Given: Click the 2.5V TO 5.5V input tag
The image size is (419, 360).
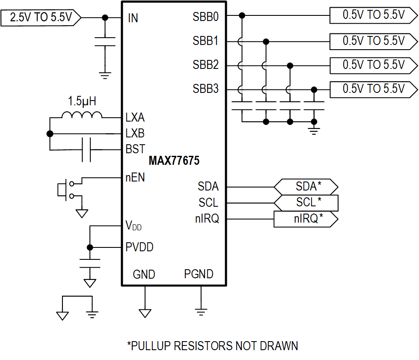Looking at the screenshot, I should coord(41,18).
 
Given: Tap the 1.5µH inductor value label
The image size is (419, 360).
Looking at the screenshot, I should coord(82,101).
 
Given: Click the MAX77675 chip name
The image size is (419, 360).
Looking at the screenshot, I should coord(174,161).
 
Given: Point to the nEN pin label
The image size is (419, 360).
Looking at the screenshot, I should coord(135,178).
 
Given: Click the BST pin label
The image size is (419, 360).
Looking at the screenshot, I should coord(135,149).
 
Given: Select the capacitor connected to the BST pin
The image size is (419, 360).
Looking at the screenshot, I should coord(86,150).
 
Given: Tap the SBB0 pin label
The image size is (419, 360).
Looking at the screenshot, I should coord(205,17).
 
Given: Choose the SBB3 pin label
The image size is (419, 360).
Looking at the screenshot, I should coord(205,89).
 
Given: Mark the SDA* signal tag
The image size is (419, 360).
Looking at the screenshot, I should coord(306,187).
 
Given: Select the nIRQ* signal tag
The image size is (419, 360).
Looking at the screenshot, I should coord(306,219).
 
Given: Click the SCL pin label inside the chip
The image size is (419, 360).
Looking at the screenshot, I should coord(208,202).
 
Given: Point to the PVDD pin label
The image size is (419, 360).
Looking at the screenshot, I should coord(140,247).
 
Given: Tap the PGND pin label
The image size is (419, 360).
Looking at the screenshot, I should coord(199,274).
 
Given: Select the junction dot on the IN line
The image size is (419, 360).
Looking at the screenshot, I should coord(105,18).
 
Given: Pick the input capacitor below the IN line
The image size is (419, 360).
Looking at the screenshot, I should coord(105,42).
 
